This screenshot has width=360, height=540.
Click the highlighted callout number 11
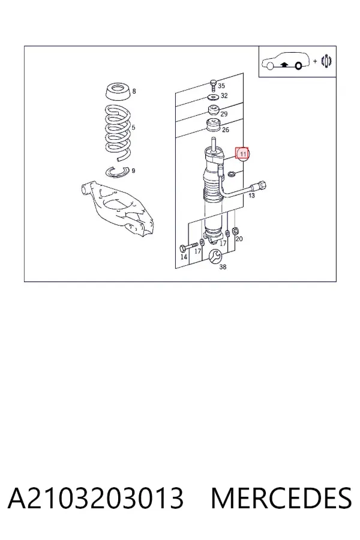pyautogui.click(x=242, y=154)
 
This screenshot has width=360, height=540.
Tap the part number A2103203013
pyautogui.click(x=95, y=499)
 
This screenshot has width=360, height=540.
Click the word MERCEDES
pyautogui.click(x=281, y=499)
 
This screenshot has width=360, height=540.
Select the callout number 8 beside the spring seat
pyautogui.click(x=134, y=91)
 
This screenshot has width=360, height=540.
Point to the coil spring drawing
pyautogui.click(x=118, y=134)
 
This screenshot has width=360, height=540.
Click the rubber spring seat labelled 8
pyautogui.click(x=118, y=92)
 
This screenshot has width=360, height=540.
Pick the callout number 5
pyautogui.click(x=133, y=127)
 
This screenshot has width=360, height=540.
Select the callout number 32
pyautogui.click(x=224, y=95)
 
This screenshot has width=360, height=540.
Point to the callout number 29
pyautogui.click(x=224, y=113)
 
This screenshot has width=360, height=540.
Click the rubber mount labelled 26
pyautogui.click(x=213, y=126)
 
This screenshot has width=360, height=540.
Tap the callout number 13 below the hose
pyautogui.click(x=251, y=196)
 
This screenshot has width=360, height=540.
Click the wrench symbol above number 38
pyautogui.click(x=215, y=256)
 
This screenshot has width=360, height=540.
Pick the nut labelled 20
pyautogui.click(x=235, y=230)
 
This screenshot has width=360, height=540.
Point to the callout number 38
pyautogui.click(x=223, y=267)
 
